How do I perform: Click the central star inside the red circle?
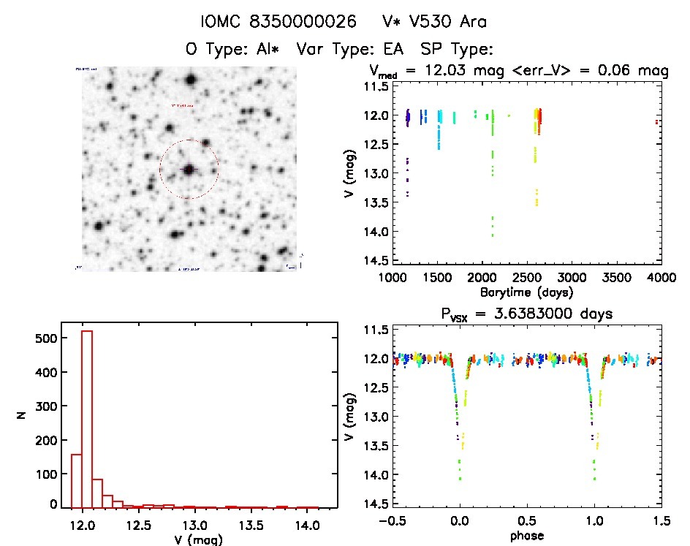tap(189, 169)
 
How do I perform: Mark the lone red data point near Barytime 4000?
tap(657, 122)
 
